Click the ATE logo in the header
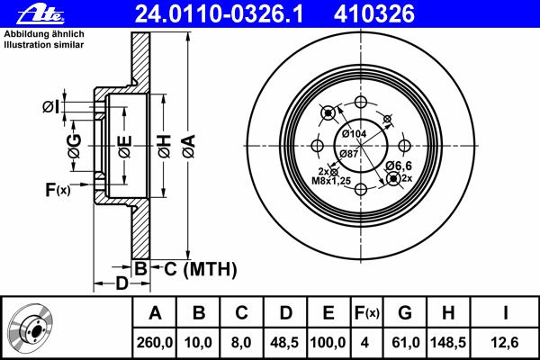(40, 14)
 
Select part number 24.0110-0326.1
(219, 14)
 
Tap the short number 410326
(374, 14)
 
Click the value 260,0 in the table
(155, 342)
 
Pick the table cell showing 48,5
(284, 342)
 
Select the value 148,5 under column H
(448, 342)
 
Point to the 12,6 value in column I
(505, 342)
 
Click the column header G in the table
(405, 313)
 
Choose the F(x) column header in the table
(367, 313)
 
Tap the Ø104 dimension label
(354, 134)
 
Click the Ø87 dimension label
(348, 154)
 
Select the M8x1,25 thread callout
(331, 181)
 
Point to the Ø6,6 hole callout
(399, 166)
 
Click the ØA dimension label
(189, 146)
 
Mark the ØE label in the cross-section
(125, 147)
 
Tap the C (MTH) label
(201, 269)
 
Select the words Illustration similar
(44, 45)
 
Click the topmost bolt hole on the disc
(361, 102)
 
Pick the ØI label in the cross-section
(51, 107)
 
